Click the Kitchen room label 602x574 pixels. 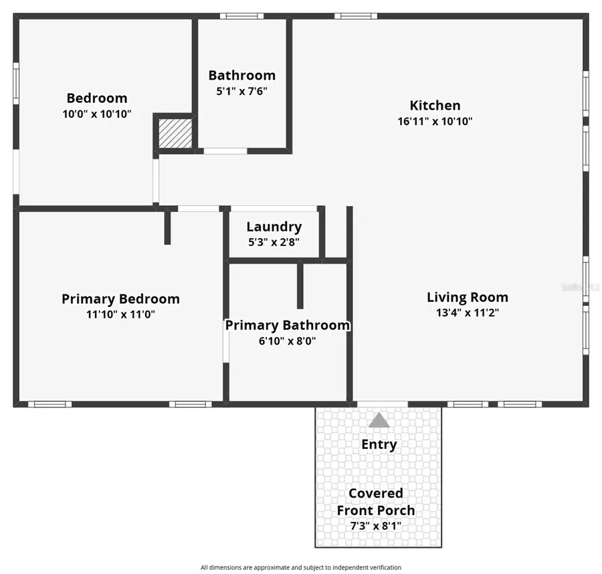tap(435, 105)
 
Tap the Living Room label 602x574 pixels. tap(467, 297)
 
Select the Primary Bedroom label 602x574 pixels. tap(120, 298)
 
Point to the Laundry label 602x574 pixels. tap(274, 226)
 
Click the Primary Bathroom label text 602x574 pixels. tap(287, 325)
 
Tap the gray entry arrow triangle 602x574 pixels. tap(379, 420)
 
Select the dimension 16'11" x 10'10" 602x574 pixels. tap(435, 121)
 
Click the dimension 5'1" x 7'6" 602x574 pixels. tap(241, 91)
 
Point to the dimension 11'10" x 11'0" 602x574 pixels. tap(120, 314)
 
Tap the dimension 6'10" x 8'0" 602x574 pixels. tap(287, 341)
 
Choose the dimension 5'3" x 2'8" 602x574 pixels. tap(274, 242)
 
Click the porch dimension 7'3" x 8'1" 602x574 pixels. tap(375, 526)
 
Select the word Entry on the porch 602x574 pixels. tap(379, 444)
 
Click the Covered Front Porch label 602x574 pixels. tap(375, 502)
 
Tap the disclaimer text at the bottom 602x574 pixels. tap(301, 567)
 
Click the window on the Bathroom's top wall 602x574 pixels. tap(241, 16)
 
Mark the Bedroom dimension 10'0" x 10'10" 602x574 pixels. tap(96, 114)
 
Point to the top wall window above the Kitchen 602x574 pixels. tap(357, 16)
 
